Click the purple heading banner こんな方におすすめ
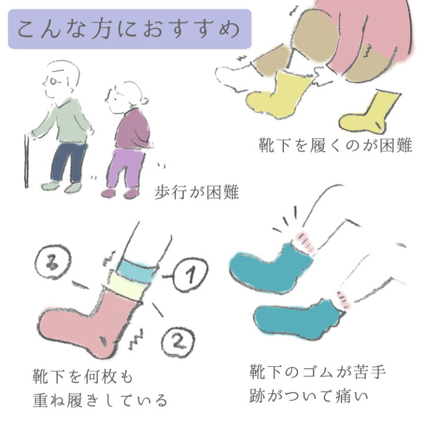(x=130, y=29)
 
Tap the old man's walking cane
(x=26, y=161)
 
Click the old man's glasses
(x=53, y=81)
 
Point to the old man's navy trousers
(x=69, y=163)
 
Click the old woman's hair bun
(x=144, y=101)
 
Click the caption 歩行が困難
(x=197, y=192)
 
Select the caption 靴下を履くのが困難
(x=335, y=145)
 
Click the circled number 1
(x=190, y=274)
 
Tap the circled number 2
(x=178, y=342)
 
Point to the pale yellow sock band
(x=128, y=287)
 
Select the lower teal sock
(x=297, y=320)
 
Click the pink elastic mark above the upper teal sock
(x=306, y=241)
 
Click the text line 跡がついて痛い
(x=309, y=396)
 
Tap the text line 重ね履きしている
(x=100, y=400)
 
